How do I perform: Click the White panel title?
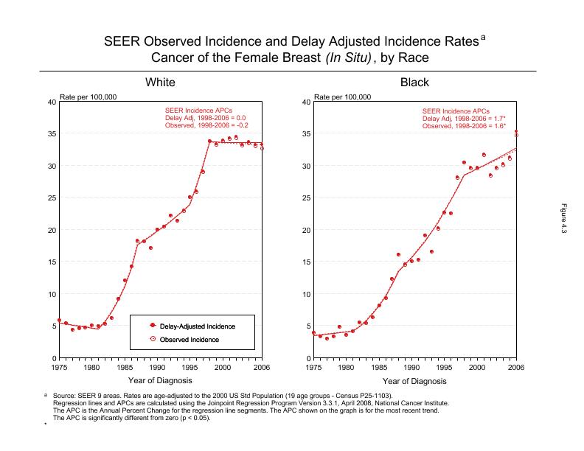coord(160,83)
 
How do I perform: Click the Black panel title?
coord(414,83)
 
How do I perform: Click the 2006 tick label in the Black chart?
coord(516,366)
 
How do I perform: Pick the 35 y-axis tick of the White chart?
coord(52,134)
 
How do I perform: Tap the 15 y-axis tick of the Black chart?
coord(306,262)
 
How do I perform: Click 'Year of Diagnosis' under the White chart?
coord(160,381)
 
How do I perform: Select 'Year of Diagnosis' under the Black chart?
coord(414,381)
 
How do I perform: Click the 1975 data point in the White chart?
coord(59,321)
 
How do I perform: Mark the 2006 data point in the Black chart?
coord(516,133)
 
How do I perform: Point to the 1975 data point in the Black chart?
coord(313,333)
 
